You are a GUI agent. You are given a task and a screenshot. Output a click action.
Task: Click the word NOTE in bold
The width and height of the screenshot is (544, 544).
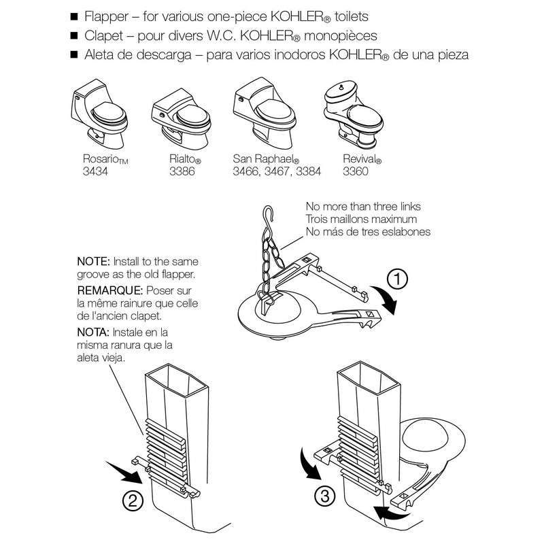click(x=93, y=260)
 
